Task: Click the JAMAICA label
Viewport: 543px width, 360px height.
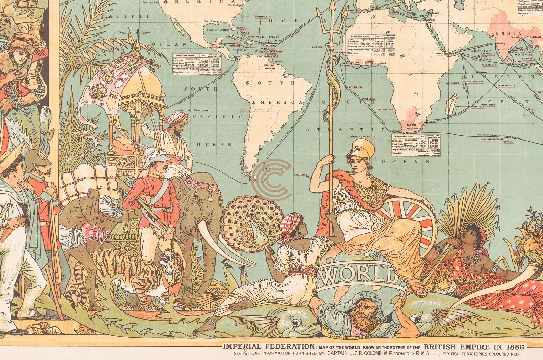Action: (235, 45)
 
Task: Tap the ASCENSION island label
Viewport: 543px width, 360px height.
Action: (354, 88)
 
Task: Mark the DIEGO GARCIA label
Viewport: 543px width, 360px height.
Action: (505, 85)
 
